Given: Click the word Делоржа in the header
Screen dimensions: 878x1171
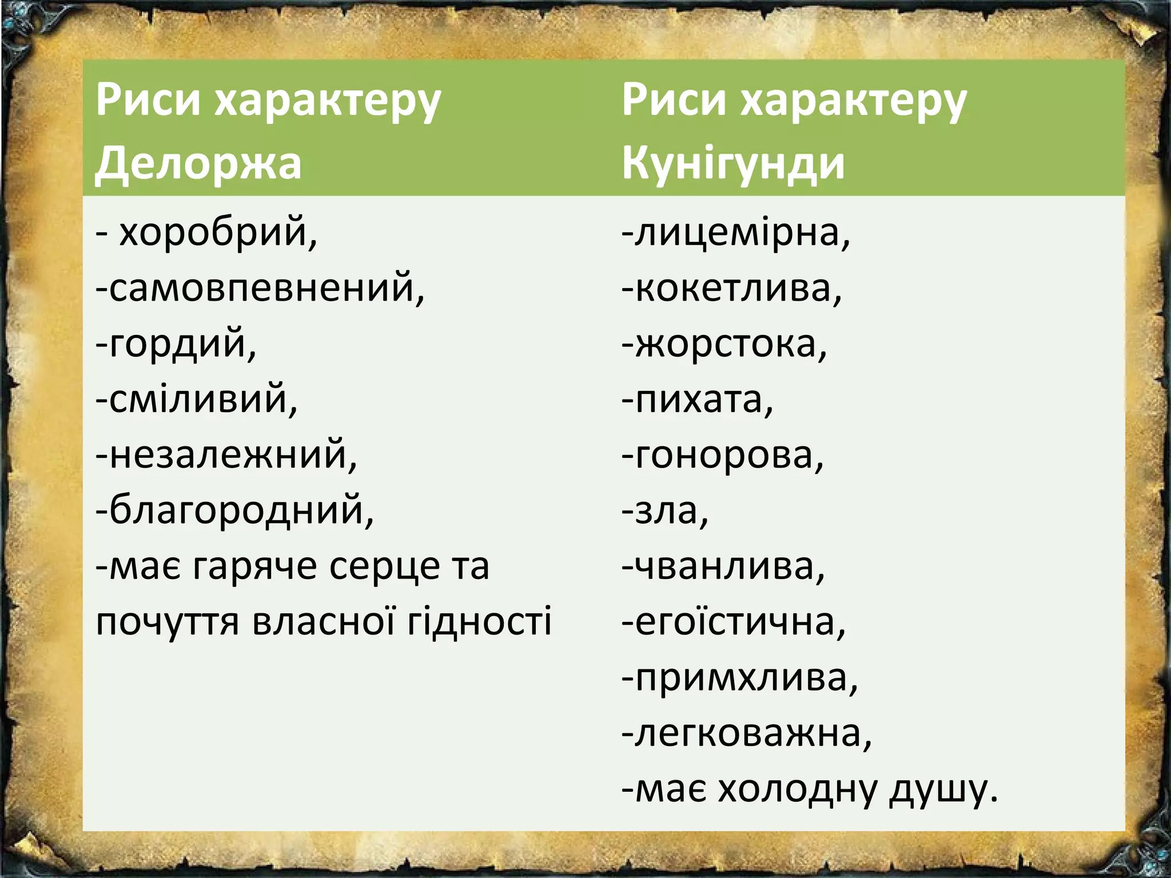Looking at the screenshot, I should point(198,163).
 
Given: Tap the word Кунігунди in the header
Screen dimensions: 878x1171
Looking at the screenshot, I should point(733,163).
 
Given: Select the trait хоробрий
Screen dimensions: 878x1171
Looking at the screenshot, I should point(217,233).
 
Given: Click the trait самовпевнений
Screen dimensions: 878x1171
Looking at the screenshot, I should point(266,288).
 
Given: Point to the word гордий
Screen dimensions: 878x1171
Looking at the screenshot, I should point(182,344).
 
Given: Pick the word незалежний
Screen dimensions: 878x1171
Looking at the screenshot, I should point(232,455).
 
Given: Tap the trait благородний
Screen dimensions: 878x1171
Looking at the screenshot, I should point(240,510).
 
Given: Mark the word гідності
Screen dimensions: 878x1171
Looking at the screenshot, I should point(479,621).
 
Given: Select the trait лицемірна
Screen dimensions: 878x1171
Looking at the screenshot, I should point(741,233).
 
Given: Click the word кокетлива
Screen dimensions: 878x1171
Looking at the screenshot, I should point(738,288).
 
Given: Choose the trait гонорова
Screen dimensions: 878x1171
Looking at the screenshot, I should point(728,455).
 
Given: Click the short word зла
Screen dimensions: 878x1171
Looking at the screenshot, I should point(670,510).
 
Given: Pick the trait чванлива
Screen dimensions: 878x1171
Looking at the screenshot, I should point(728,566).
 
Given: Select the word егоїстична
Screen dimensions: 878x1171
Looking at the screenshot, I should point(739,622).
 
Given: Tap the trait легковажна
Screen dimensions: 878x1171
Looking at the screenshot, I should point(752,733).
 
